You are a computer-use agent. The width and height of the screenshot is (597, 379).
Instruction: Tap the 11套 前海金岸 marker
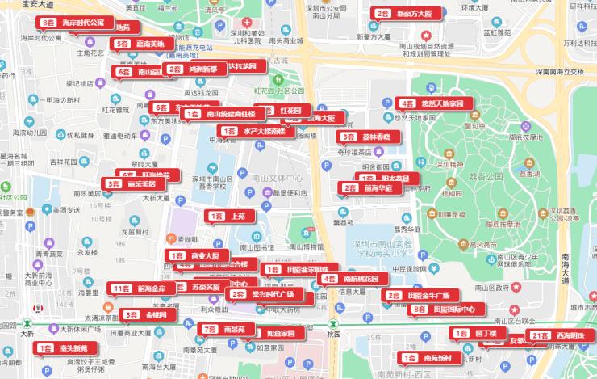pos(142,288)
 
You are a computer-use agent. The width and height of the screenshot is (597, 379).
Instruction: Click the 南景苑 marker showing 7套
pos(223,329)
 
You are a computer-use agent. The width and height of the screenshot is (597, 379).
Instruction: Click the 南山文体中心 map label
pos(276,177)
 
